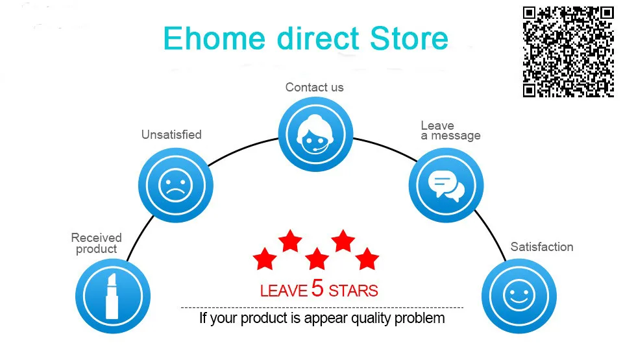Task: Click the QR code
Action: (x=568, y=52)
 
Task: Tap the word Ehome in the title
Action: (x=214, y=38)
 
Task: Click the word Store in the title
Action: (x=409, y=38)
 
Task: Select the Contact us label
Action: (x=314, y=88)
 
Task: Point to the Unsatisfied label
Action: (x=171, y=135)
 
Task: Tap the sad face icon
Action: (x=176, y=185)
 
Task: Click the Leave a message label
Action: (x=450, y=131)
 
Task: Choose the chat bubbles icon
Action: (x=446, y=185)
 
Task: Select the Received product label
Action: (x=96, y=243)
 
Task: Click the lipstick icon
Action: (x=113, y=296)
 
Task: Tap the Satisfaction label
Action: (x=541, y=246)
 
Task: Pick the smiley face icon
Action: (x=519, y=296)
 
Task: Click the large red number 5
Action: (x=317, y=288)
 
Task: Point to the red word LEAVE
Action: (x=284, y=291)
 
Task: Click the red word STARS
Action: (x=353, y=291)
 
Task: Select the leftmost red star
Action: (x=265, y=259)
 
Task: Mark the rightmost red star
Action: (x=367, y=259)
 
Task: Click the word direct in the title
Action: (x=318, y=38)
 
